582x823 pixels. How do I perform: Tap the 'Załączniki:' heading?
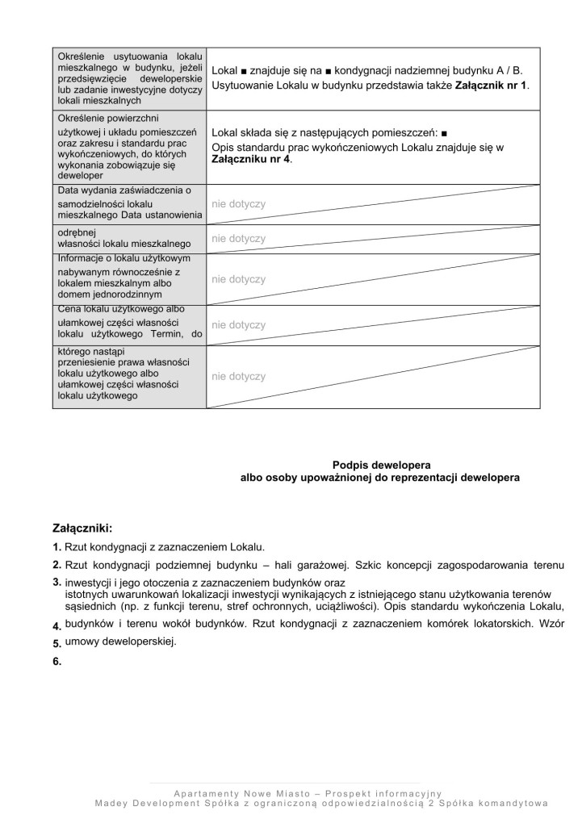click(82, 528)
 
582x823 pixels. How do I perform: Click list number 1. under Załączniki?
click(57, 546)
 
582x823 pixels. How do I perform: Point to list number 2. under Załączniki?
click(57, 564)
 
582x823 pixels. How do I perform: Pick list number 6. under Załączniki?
click(57, 661)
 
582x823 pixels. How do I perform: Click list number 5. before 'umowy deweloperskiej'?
click(57, 644)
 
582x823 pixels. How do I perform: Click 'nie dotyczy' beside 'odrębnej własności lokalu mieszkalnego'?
click(238, 239)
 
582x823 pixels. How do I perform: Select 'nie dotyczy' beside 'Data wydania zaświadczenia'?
click(238, 204)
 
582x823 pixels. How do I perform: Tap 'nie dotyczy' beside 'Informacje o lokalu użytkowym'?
click(238, 279)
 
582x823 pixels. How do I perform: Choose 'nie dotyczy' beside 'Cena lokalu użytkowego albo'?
click(238, 325)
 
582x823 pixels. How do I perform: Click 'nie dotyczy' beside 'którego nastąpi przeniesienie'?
click(238, 376)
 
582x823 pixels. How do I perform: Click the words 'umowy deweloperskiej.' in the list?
click(120, 642)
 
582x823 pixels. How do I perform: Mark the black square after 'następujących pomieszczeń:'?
click(446, 132)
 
